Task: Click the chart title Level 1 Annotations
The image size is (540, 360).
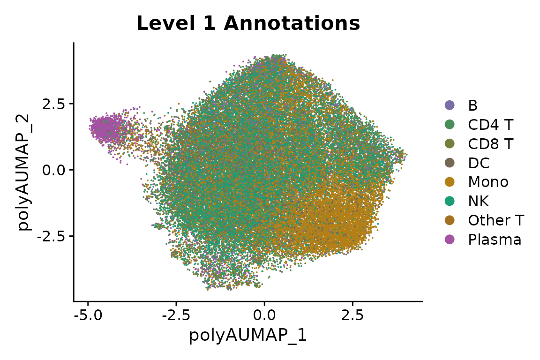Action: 248,24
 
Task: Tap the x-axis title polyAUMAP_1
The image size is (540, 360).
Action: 248,336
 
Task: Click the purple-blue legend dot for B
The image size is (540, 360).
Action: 450,105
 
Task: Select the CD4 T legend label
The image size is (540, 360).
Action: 490,125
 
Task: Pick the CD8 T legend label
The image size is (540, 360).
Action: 490,144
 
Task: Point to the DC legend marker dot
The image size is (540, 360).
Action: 450,163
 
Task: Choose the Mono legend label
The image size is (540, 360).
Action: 487,182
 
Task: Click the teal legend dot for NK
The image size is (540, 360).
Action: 450,201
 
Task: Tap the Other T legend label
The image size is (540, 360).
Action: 495,220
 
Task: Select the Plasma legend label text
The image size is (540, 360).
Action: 494,240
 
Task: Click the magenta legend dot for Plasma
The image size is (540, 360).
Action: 450,240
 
